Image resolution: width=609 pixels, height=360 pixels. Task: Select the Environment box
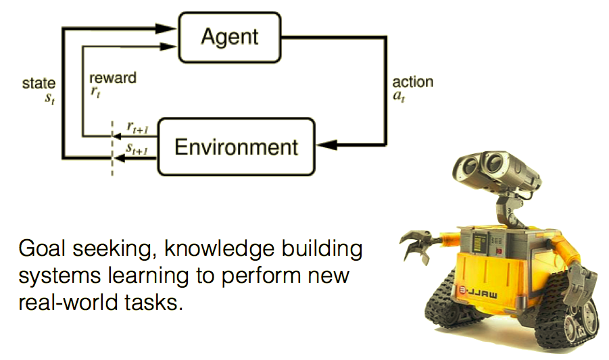click(x=236, y=147)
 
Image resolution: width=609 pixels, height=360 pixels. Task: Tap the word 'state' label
click(x=39, y=84)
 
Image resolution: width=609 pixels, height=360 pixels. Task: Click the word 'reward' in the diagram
click(x=112, y=78)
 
